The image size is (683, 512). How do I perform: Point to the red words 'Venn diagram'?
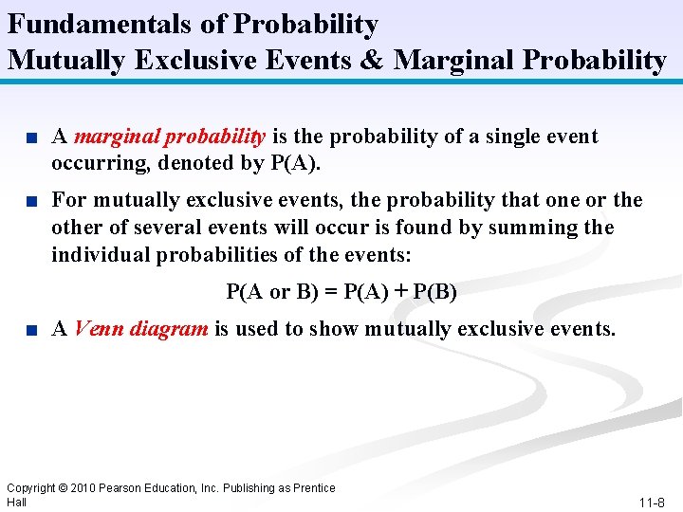[140, 329]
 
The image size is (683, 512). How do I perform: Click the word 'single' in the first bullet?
[503, 137]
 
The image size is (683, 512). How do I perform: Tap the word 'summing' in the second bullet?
[538, 228]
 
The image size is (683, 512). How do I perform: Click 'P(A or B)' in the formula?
[271, 292]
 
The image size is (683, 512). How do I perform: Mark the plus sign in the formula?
[403, 292]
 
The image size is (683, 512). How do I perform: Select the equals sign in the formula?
[329, 292]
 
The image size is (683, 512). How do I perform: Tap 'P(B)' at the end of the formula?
[436, 292]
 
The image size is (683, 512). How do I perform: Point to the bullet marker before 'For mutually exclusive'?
[31, 202]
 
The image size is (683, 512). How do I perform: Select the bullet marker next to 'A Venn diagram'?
[31, 331]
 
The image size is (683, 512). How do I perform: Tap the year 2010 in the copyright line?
[83, 488]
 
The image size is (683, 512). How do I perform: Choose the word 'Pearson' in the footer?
[118, 488]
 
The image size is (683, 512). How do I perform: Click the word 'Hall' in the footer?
[16, 502]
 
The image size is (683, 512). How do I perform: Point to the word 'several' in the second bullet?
[157, 228]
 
